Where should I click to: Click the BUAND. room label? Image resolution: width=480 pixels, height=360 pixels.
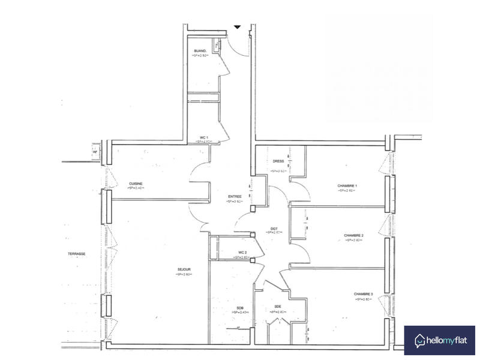tap(200, 50)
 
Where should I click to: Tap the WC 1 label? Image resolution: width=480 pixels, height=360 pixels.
tap(204, 137)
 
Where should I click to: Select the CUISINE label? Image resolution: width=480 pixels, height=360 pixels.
tap(136, 184)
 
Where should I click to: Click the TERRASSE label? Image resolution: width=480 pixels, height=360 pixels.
tap(77, 254)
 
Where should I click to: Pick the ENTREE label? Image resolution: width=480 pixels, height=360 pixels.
tap(235, 197)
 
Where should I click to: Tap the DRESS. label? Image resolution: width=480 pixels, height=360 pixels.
tap(278, 161)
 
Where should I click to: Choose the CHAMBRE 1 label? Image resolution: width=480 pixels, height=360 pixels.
tap(347, 186)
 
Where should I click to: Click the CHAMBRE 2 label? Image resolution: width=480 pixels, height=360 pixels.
tap(353, 235)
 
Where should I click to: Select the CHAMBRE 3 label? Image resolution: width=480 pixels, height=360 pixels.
tap(364, 294)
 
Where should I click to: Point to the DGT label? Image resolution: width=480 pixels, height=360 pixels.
tap(274, 228)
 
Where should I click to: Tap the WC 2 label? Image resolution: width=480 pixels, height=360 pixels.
tap(242, 252)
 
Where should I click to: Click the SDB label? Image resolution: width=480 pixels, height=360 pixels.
tap(240, 308)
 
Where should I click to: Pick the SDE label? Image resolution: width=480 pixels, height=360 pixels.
tap(278, 307)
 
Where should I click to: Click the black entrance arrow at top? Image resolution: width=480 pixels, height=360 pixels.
tap(238, 28)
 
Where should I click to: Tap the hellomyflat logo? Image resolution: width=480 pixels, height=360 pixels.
tap(439, 341)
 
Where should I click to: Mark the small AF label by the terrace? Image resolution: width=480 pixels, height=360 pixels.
tap(95, 152)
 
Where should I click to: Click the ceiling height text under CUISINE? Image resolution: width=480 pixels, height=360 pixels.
tap(136, 188)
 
